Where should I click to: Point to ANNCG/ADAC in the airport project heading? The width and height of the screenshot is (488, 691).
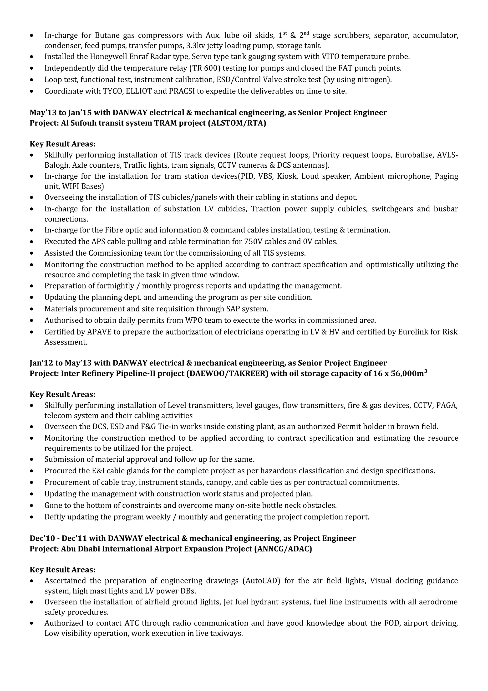[283, 549]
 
